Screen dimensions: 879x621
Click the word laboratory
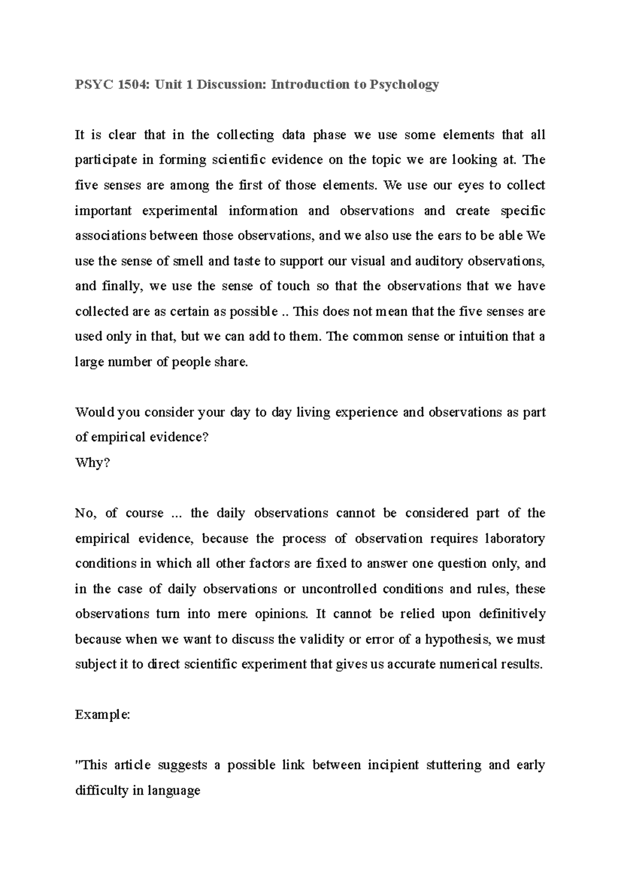[x=514, y=538]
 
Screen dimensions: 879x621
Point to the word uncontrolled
[x=372, y=589]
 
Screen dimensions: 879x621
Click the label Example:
[x=103, y=715]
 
